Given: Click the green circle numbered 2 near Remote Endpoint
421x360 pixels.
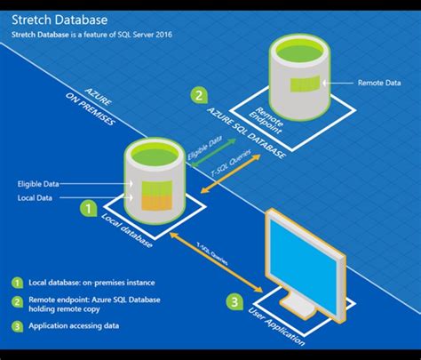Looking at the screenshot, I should coord(200,95).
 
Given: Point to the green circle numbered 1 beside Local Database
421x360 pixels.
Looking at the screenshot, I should coord(89,208).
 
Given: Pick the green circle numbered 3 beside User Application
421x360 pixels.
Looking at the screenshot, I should coord(234,301).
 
